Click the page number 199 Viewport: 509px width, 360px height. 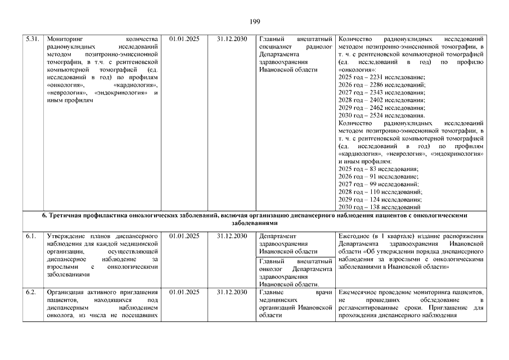tap(254, 22)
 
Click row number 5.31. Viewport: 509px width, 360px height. tap(33, 39)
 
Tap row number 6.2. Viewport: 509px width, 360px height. tap(31, 292)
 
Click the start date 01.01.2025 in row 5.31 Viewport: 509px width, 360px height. tap(184, 39)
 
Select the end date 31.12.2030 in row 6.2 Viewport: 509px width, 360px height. tap(232, 292)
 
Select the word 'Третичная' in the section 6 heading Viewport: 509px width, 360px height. tap(65, 215)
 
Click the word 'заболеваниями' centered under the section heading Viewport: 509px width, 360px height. tap(254, 223)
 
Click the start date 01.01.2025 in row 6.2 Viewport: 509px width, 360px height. tap(184, 292)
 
